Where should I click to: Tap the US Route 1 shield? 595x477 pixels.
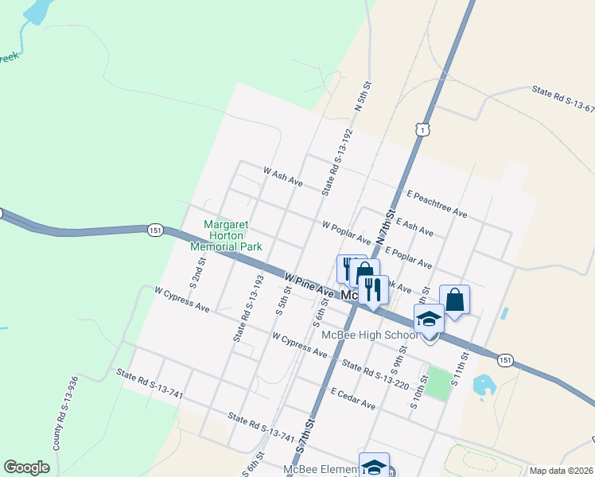pos(422,130)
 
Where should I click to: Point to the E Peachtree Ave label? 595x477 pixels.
pos(437,204)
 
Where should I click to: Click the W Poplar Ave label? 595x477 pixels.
pos(346,231)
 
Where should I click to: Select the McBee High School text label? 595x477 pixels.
pos(369,334)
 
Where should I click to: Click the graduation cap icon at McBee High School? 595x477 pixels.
pos(429,319)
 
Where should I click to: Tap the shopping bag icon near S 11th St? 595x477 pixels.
pos(454,300)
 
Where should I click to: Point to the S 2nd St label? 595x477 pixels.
pos(196,272)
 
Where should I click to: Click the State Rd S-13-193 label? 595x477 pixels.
pos(247,308)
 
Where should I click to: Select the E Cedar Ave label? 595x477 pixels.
pos(353,399)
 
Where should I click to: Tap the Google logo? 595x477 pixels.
pos(26,467)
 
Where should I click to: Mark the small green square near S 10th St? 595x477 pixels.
pos(437,382)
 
